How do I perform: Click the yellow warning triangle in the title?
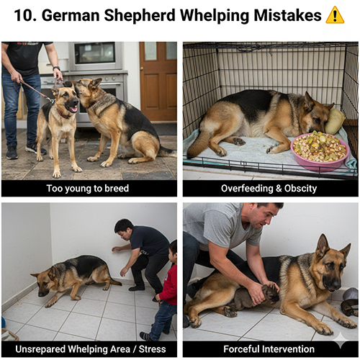[335, 15]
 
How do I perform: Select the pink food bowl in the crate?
[320, 150]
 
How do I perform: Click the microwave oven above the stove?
[96, 55]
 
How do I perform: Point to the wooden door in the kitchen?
[158, 81]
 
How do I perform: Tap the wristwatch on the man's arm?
[57, 68]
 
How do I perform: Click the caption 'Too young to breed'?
[88, 189]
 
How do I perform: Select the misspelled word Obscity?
[300, 189]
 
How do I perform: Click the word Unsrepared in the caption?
[40, 349]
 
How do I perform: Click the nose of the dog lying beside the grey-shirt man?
[334, 284]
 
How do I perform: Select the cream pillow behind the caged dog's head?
[335, 121]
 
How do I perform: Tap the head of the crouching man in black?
[124, 230]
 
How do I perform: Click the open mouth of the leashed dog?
[73, 109]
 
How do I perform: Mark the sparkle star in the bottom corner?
[341, 340]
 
